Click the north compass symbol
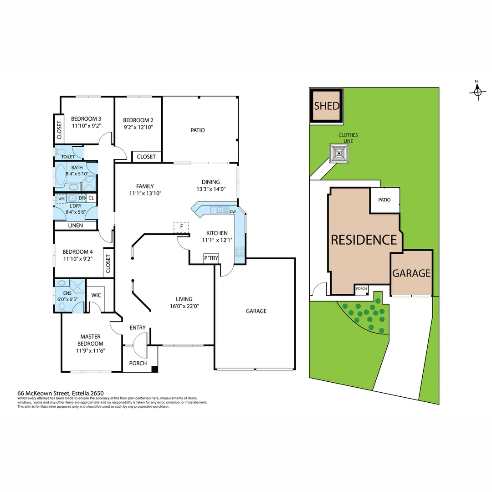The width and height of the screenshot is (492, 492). tap(477, 91)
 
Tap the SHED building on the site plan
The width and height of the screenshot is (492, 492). tap(327, 106)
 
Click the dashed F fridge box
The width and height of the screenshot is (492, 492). tap(181, 227)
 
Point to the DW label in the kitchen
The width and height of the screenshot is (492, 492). tap(232, 211)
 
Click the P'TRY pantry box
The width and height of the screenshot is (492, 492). tap(211, 258)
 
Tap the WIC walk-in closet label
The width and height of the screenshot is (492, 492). tap(96, 295)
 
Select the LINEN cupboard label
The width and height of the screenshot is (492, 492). tap(76, 225)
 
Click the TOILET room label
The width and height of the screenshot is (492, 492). tap(68, 157)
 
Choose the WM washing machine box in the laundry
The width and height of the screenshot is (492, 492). tap(61, 199)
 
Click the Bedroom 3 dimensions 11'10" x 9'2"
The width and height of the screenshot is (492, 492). tap(87, 127)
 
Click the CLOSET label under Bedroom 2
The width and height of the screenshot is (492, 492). tap(146, 157)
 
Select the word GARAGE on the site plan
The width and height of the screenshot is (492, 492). tap(411, 273)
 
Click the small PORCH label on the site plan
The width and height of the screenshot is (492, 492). tap(361, 288)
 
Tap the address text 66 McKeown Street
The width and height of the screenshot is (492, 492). tap(43, 393)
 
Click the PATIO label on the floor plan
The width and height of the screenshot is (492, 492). tap(197, 130)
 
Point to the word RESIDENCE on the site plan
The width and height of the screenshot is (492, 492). tap(364, 240)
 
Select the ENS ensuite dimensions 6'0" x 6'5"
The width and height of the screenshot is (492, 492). tap(67, 299)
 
